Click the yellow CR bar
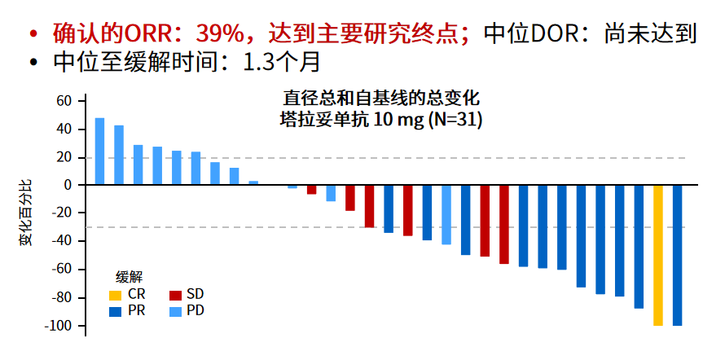(x=657, y=255)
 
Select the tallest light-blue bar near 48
(x=99, y=151)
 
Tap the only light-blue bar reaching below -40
(x=446, y=215)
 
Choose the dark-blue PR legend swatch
(x=116, y=311)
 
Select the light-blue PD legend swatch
(x=174, y=311)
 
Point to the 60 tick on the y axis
(x=64, y=101)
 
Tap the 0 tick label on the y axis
(x=68, y=185)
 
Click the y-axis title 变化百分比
(x=27, y=214)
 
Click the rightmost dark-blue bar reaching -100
(x=677, y=255)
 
